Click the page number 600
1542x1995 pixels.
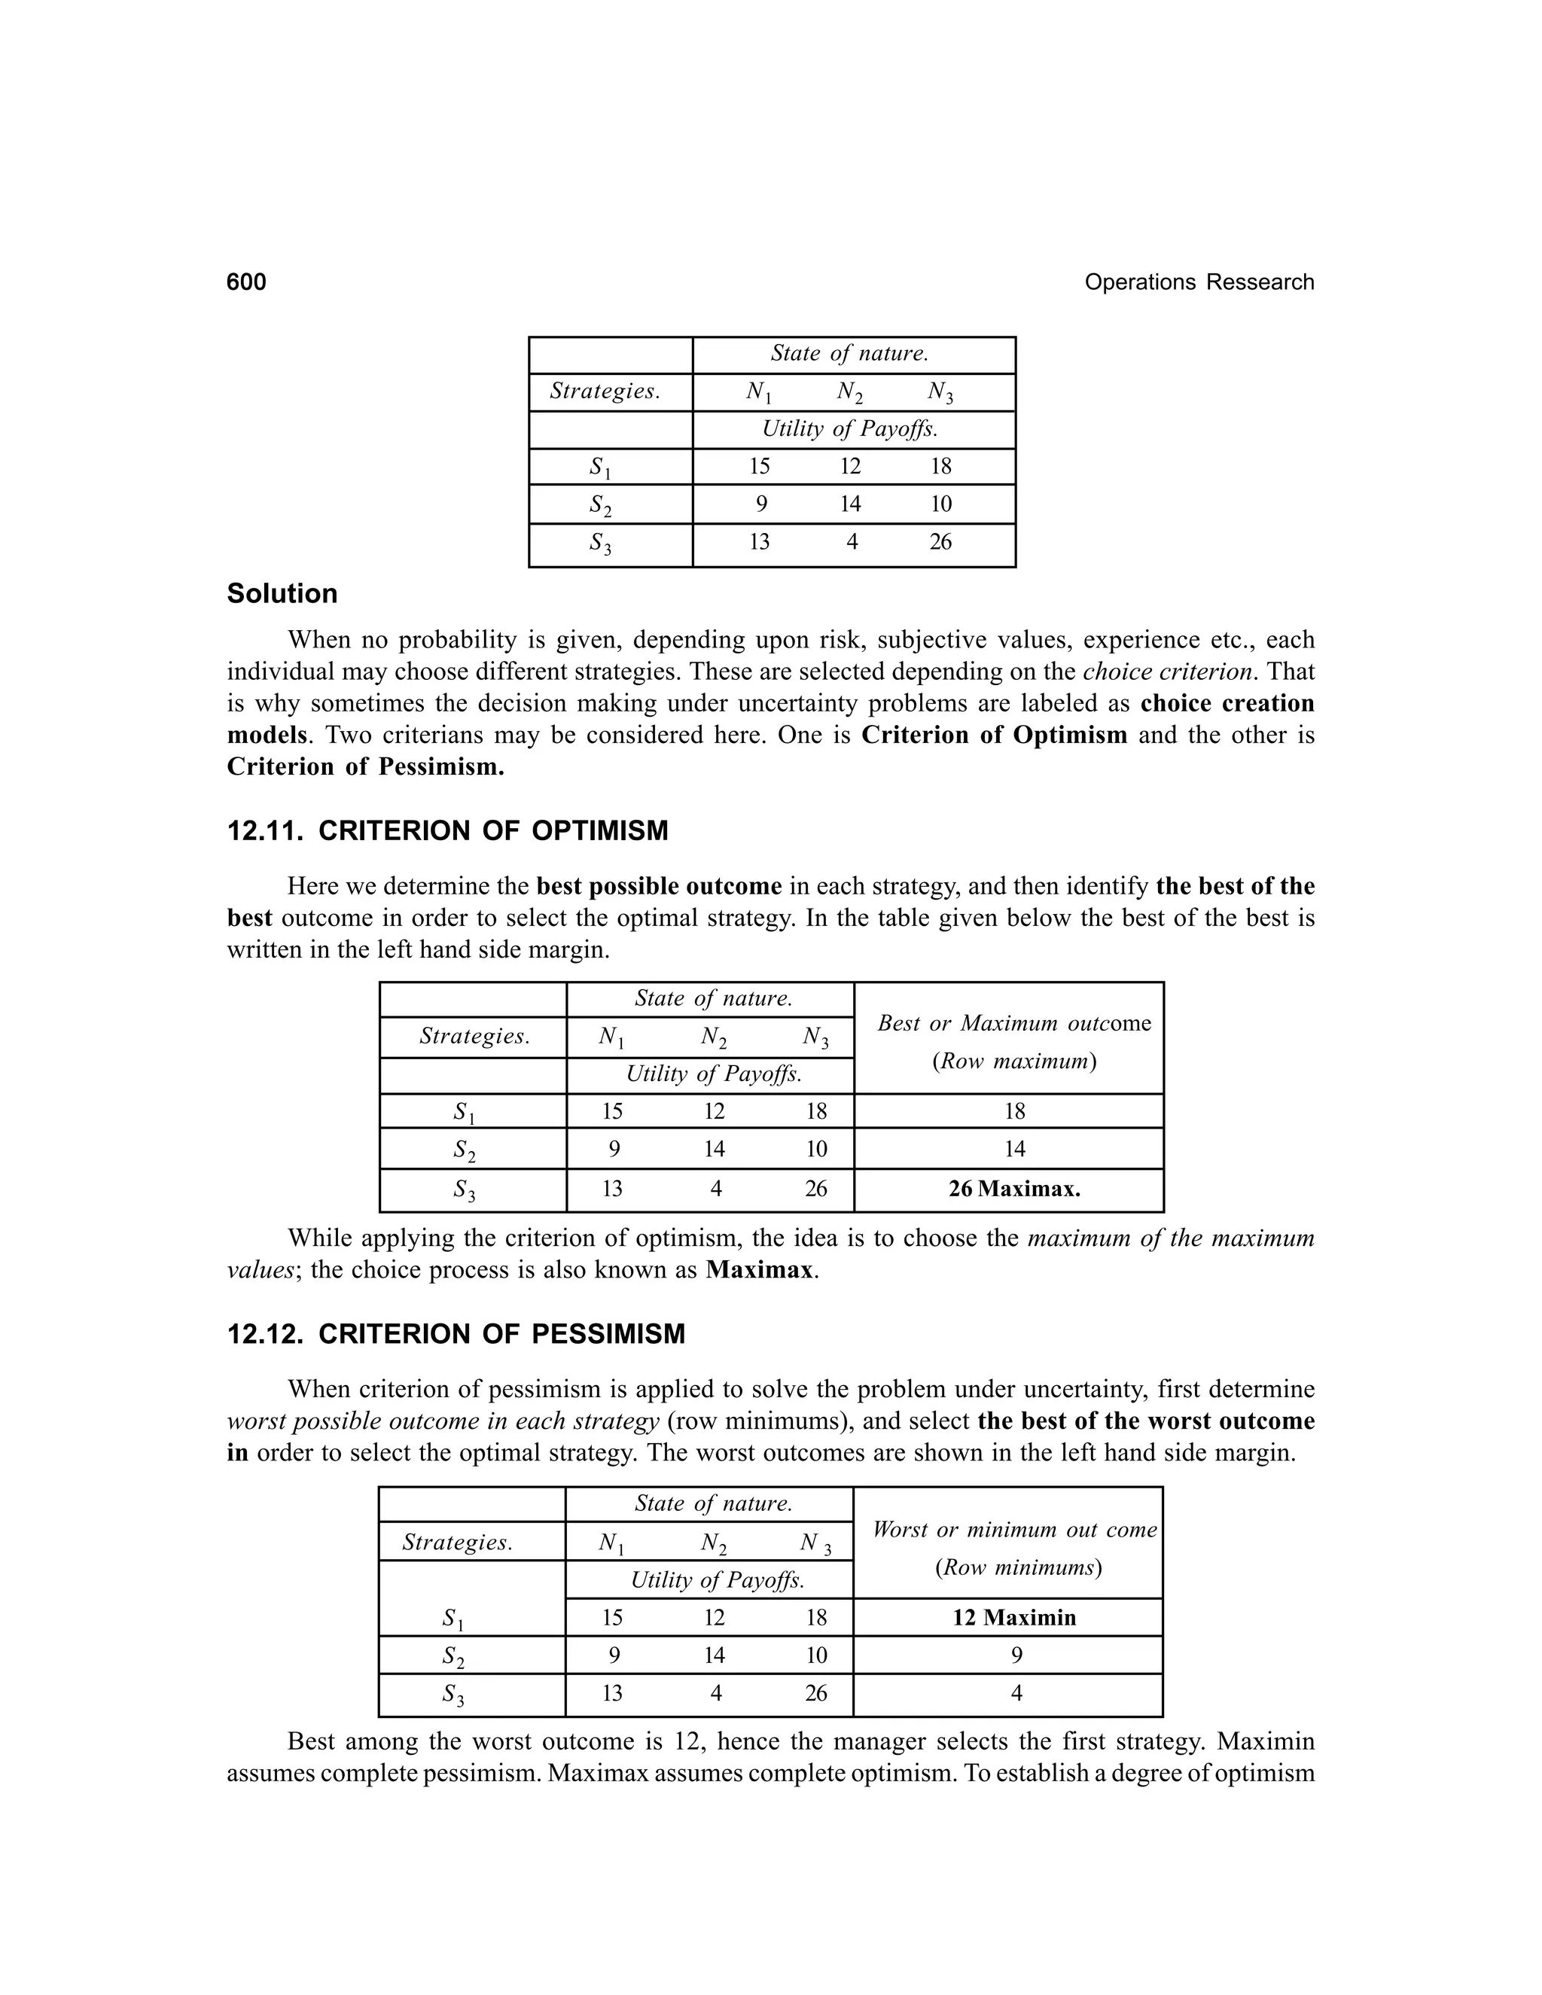[x=247, y=282]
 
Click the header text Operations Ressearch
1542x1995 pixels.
[x=1199, y=282]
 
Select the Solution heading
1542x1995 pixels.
[x=282, y=594]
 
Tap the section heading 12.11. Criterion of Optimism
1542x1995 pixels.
[x=448, y=831]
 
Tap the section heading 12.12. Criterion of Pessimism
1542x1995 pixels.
[x=456, y=1335]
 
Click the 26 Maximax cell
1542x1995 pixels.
[x=1014, y=1189]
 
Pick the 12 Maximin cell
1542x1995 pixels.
[x=1014, y=1618]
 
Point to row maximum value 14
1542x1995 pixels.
[x=1015, y=1149]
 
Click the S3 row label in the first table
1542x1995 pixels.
[x=601, y=544]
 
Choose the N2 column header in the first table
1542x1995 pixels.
[x=849, y=392]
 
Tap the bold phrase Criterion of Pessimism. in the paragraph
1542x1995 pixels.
[x=365, y=766]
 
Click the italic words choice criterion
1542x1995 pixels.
[x=1166, y=672]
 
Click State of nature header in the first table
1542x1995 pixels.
[x=849, y=354]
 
